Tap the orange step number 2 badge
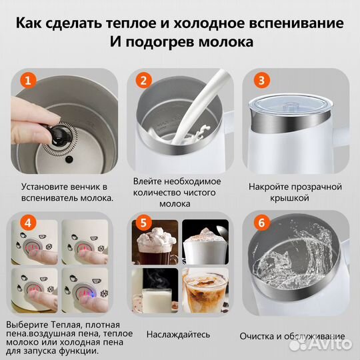[x=142, y=81]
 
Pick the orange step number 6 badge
[x=263, y=223]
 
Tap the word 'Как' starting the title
[x=31, y=23]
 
